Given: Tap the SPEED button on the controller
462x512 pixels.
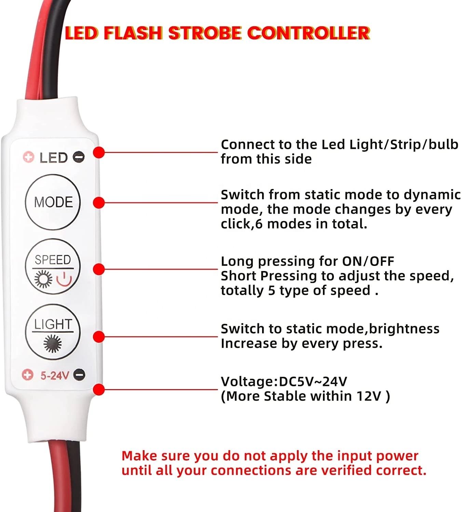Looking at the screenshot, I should [53, 266].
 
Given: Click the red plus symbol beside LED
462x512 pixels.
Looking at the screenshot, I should [28, 157].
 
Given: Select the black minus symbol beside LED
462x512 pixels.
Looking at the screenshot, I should [79, 157].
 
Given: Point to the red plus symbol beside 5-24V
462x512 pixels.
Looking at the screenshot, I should [27, 375].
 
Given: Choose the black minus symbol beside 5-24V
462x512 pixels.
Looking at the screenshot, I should [79, 374].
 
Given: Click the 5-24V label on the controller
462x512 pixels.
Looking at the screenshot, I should [55, 375].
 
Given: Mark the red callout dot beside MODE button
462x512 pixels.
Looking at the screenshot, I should [99, 202].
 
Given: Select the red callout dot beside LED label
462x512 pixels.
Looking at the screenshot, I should [99, 152].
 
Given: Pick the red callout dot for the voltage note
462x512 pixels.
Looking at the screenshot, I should [99, 389].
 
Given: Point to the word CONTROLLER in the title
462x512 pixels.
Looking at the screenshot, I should [308, 33].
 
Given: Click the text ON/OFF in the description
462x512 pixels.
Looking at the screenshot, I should [368, 261].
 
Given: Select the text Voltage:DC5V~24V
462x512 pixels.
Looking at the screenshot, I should [284, 381].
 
